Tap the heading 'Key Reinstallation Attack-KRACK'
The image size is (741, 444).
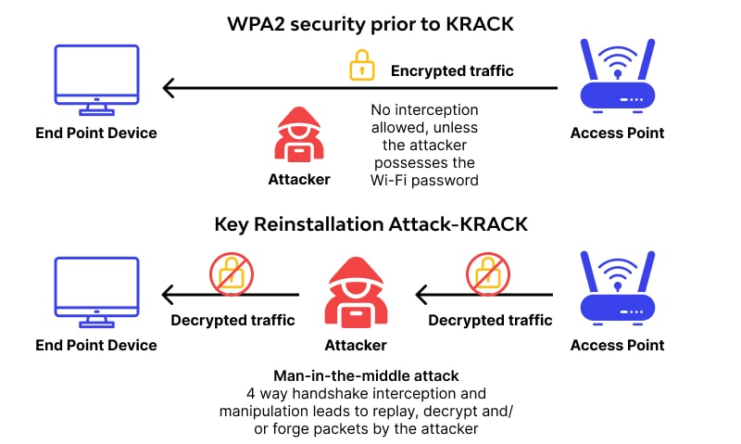tap(370, 224)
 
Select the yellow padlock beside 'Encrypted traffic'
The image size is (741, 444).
tap(360, 66)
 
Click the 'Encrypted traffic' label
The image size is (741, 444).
tap(452, 70)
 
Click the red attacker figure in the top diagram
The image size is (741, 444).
tap(298, 134)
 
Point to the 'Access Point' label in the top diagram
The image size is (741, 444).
tap(617, 133)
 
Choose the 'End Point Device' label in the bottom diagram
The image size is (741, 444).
tap(95, 345)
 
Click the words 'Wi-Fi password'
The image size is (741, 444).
tap(424, 181)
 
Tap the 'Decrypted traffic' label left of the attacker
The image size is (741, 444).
tap(232, 321)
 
